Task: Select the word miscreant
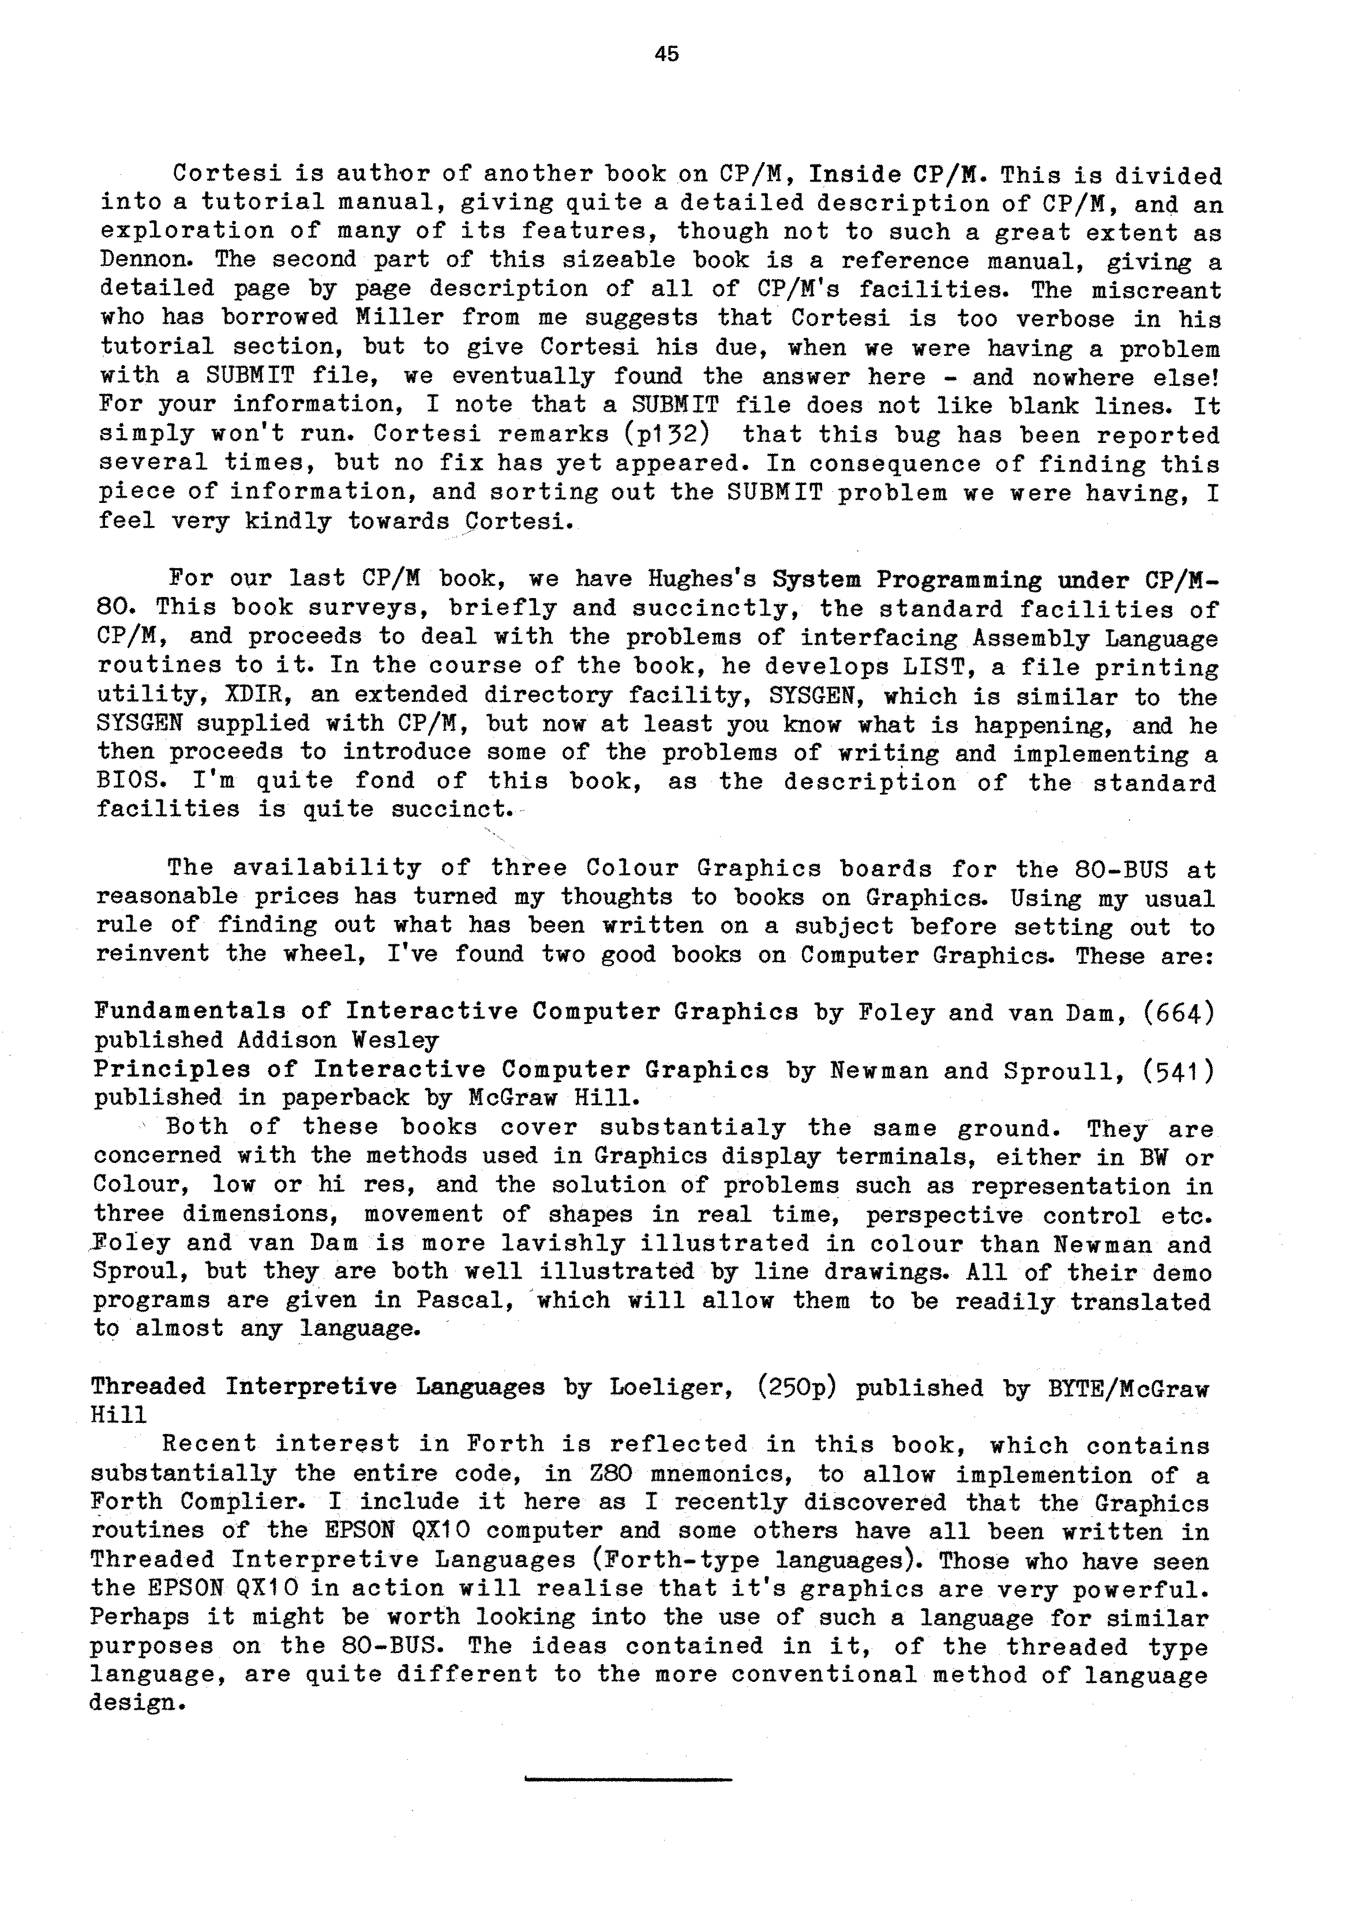point(1156,290)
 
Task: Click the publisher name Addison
point(285,1041)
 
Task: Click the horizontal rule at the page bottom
point(628,1779)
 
